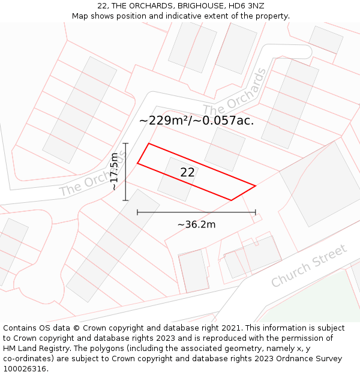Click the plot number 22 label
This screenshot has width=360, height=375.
pyautogui.click(x=187, y=172)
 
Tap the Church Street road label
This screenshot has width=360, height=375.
pyautogui.click(x=309, y=266)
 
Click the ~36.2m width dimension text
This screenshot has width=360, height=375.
pyautogui.click(x=196, y=224)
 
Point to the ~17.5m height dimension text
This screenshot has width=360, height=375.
pyautogui.click(x=114, y=172)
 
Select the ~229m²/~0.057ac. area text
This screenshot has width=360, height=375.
pyautogui.click(x=196, y=121)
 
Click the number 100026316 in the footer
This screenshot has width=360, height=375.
pyautogui.click(x=25, y=369)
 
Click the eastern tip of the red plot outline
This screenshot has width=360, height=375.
pyautogui.click(x=256, y=186)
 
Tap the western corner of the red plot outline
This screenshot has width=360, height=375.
pyautogui.click(x=138, y=163)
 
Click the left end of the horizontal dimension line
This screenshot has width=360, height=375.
pyautogui.click(x=137, y=212)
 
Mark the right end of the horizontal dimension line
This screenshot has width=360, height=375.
pyautogui.click(x=256, y=212)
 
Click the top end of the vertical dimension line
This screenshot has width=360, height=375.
pyautogui.click(x=125, y=143)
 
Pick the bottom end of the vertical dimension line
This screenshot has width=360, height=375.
pyautogui.click(x=125, y=200)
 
